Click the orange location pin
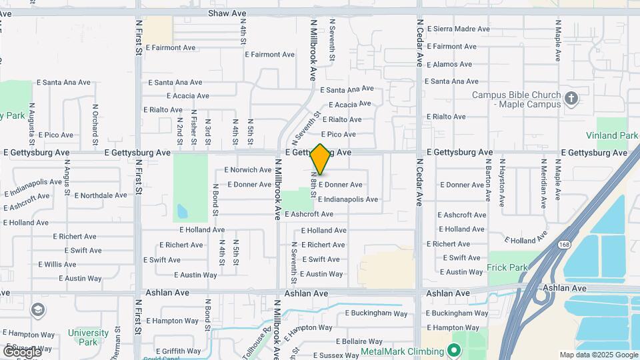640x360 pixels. click(x=320, y=159)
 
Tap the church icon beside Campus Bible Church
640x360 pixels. click(x=571, y=99)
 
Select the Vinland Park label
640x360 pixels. click(x=612, y=135)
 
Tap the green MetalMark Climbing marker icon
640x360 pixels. click(x=455, y=351)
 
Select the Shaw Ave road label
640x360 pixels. click(x=227, y=13)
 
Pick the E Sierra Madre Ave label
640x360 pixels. click(x=459, y=29)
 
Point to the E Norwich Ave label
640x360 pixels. click(x=247, y=170)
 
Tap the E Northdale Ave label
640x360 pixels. click(x=101, y=195)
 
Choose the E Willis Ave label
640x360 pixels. click(x=57, y=265)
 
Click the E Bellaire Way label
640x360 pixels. click(x=340, y=341)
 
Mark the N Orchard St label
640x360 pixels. click(x=95, y=124)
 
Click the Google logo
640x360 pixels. click(x=21, y=351)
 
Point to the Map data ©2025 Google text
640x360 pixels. click(x=599, y=355)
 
